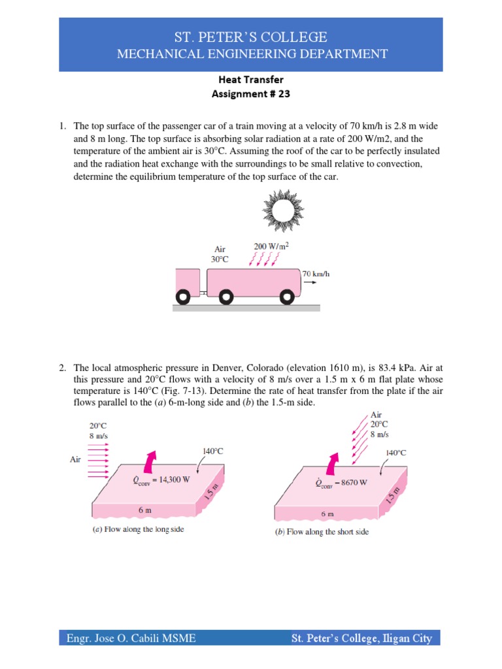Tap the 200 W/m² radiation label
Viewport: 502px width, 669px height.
tap(271, 246)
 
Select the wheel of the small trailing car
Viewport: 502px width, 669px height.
tap(184, 298)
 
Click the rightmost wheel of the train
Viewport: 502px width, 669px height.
tap(286, 298)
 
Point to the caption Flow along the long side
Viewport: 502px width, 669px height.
tap(138, 529)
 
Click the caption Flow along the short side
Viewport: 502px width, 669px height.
tap(322, 532)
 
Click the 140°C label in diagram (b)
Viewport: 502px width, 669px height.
tap(396, 452)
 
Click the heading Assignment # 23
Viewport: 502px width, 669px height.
tap(251, 93)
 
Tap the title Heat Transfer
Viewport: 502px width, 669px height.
tap(251, 80)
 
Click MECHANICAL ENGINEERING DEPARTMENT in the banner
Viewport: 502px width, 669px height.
tap(252, 54)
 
